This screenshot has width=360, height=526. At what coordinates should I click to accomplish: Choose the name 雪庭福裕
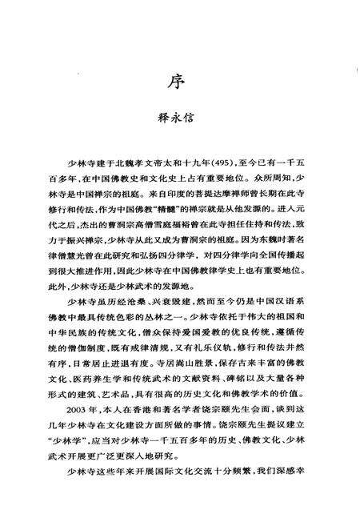(176, 220)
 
